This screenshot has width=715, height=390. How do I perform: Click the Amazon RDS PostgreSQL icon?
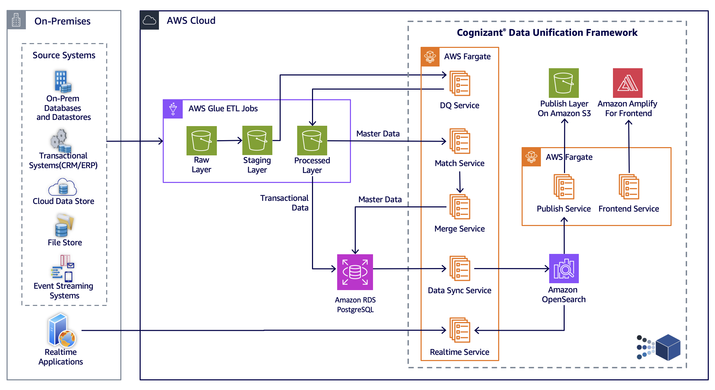coord(355,272)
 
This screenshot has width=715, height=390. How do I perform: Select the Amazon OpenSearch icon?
coord(564,268)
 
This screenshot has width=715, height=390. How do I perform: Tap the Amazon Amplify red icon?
coord(627,83)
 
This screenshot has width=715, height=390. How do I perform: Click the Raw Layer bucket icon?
coord(201,141)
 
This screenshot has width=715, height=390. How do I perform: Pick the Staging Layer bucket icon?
coord(257,141)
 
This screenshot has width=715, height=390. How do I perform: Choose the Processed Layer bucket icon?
coord(312,141)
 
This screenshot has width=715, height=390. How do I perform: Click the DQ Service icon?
coord(460,83)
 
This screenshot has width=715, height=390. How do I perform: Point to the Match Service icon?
coord(460,141)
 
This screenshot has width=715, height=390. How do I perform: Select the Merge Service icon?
coord(460,207)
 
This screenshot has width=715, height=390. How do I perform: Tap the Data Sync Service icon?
coord(460,268)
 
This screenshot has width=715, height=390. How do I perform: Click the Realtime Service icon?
coord(460,330)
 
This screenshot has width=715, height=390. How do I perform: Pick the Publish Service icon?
coord(564,187)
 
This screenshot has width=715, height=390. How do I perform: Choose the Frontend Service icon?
coord(629,187)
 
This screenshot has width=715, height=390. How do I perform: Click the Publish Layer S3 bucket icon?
coord(564,83)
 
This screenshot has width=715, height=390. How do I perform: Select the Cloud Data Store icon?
coord(63,187)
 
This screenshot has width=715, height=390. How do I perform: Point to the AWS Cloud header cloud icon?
coord(149,20)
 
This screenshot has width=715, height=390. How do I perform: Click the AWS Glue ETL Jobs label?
coord(223,109)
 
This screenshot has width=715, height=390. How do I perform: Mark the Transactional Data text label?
coord(284,203)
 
